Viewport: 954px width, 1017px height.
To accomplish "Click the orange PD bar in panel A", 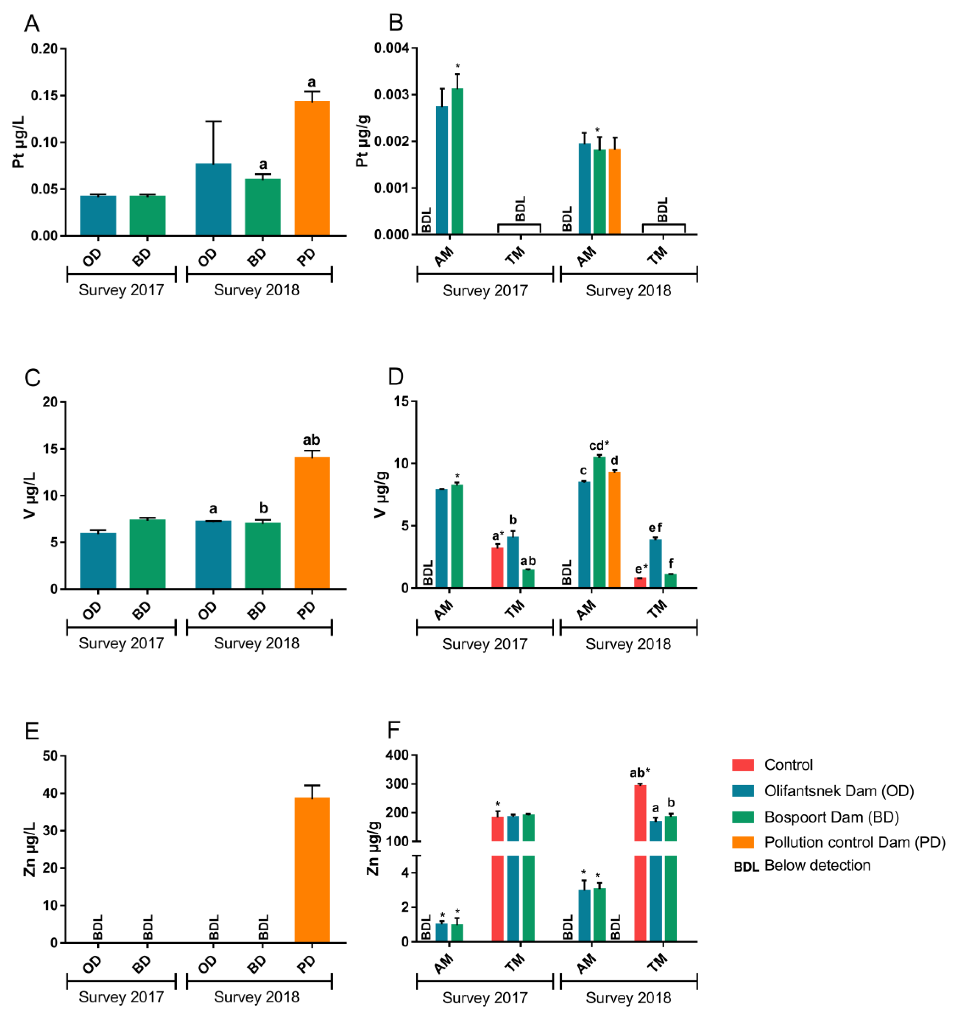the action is coord(312,168).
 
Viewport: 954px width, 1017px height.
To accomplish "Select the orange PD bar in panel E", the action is coord(312,870).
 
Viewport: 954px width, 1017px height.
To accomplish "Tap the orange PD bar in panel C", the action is coord(312,523).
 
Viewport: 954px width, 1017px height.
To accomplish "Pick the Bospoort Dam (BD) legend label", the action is coord(832,817).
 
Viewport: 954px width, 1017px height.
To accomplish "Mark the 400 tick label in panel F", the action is coord(398,755).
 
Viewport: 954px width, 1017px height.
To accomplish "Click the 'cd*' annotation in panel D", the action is coord(600,445).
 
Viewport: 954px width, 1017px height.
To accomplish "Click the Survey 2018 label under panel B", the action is coord(628,291).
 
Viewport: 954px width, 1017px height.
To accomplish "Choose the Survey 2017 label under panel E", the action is coord(121,997).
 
